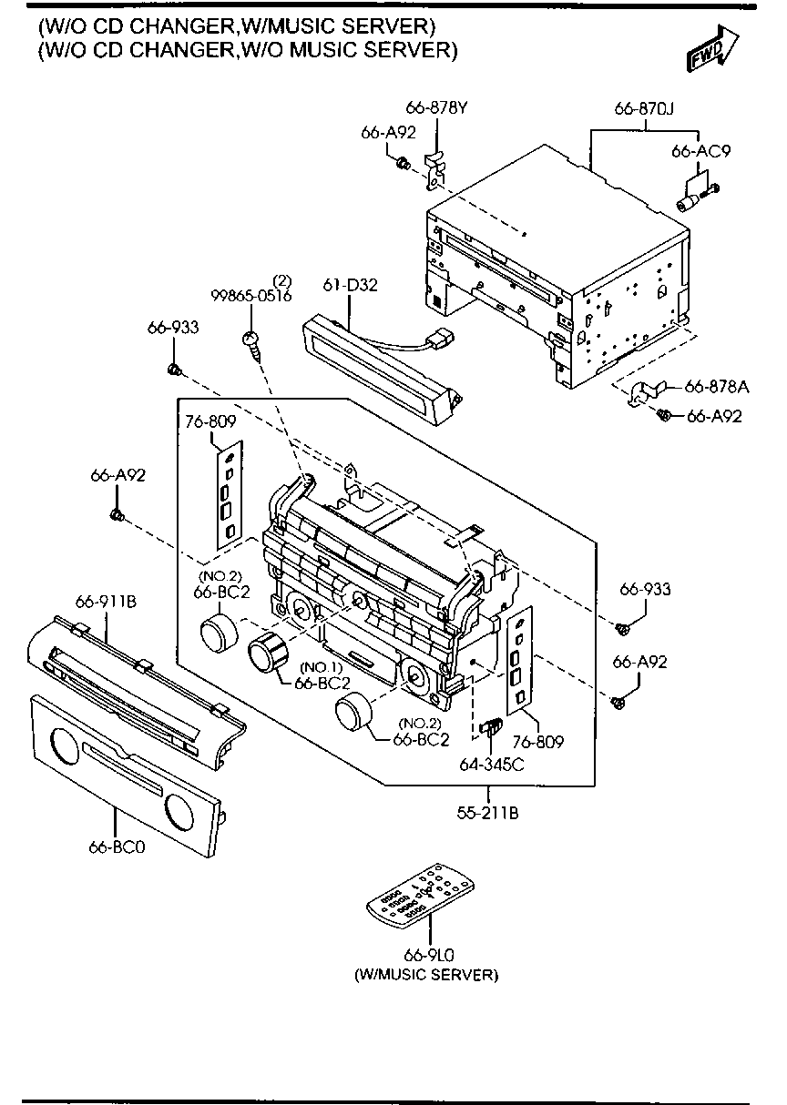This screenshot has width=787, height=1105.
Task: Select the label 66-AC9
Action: [x=701, y=152]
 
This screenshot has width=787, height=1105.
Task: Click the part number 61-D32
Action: [x=350, y=285]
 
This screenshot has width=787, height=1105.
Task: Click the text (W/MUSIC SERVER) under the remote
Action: [x=426, y=975]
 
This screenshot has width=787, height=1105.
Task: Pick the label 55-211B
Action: [x=488, y=813]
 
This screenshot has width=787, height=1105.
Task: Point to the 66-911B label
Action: [x=107, y=601]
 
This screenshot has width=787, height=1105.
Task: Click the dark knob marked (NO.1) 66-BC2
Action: [x=267, y=653]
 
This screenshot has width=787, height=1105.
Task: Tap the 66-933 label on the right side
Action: [x=645, y=590]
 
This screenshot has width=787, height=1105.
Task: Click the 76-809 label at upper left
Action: [x=210, y=421]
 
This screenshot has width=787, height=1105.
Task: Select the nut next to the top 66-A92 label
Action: [x=402, y=163]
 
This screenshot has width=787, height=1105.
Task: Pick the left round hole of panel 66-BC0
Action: [x=66, y=746]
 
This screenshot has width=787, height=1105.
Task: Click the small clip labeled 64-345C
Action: [x=492, y=727]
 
